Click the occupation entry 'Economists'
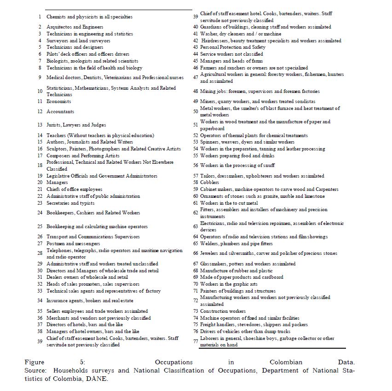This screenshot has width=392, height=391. click(58, 101)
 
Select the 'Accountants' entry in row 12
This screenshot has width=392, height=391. click(60, 111)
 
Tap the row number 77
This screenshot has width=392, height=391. click(196, 341)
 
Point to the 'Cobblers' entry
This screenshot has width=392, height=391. click(209, 183)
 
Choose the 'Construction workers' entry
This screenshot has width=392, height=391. click(223, 311)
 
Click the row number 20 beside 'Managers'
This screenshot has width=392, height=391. click(40, 183)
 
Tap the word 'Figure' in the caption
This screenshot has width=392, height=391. click(35, 362)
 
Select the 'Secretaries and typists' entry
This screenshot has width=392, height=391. click(70, 203)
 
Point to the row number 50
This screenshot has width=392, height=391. click(196, 111)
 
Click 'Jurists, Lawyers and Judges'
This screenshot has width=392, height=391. click(76, 125)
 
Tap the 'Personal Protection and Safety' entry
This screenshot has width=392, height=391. click(232, 47)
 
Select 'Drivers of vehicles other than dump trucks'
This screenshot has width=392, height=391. click(245, 331)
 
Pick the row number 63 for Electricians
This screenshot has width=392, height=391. click(196, 226)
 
